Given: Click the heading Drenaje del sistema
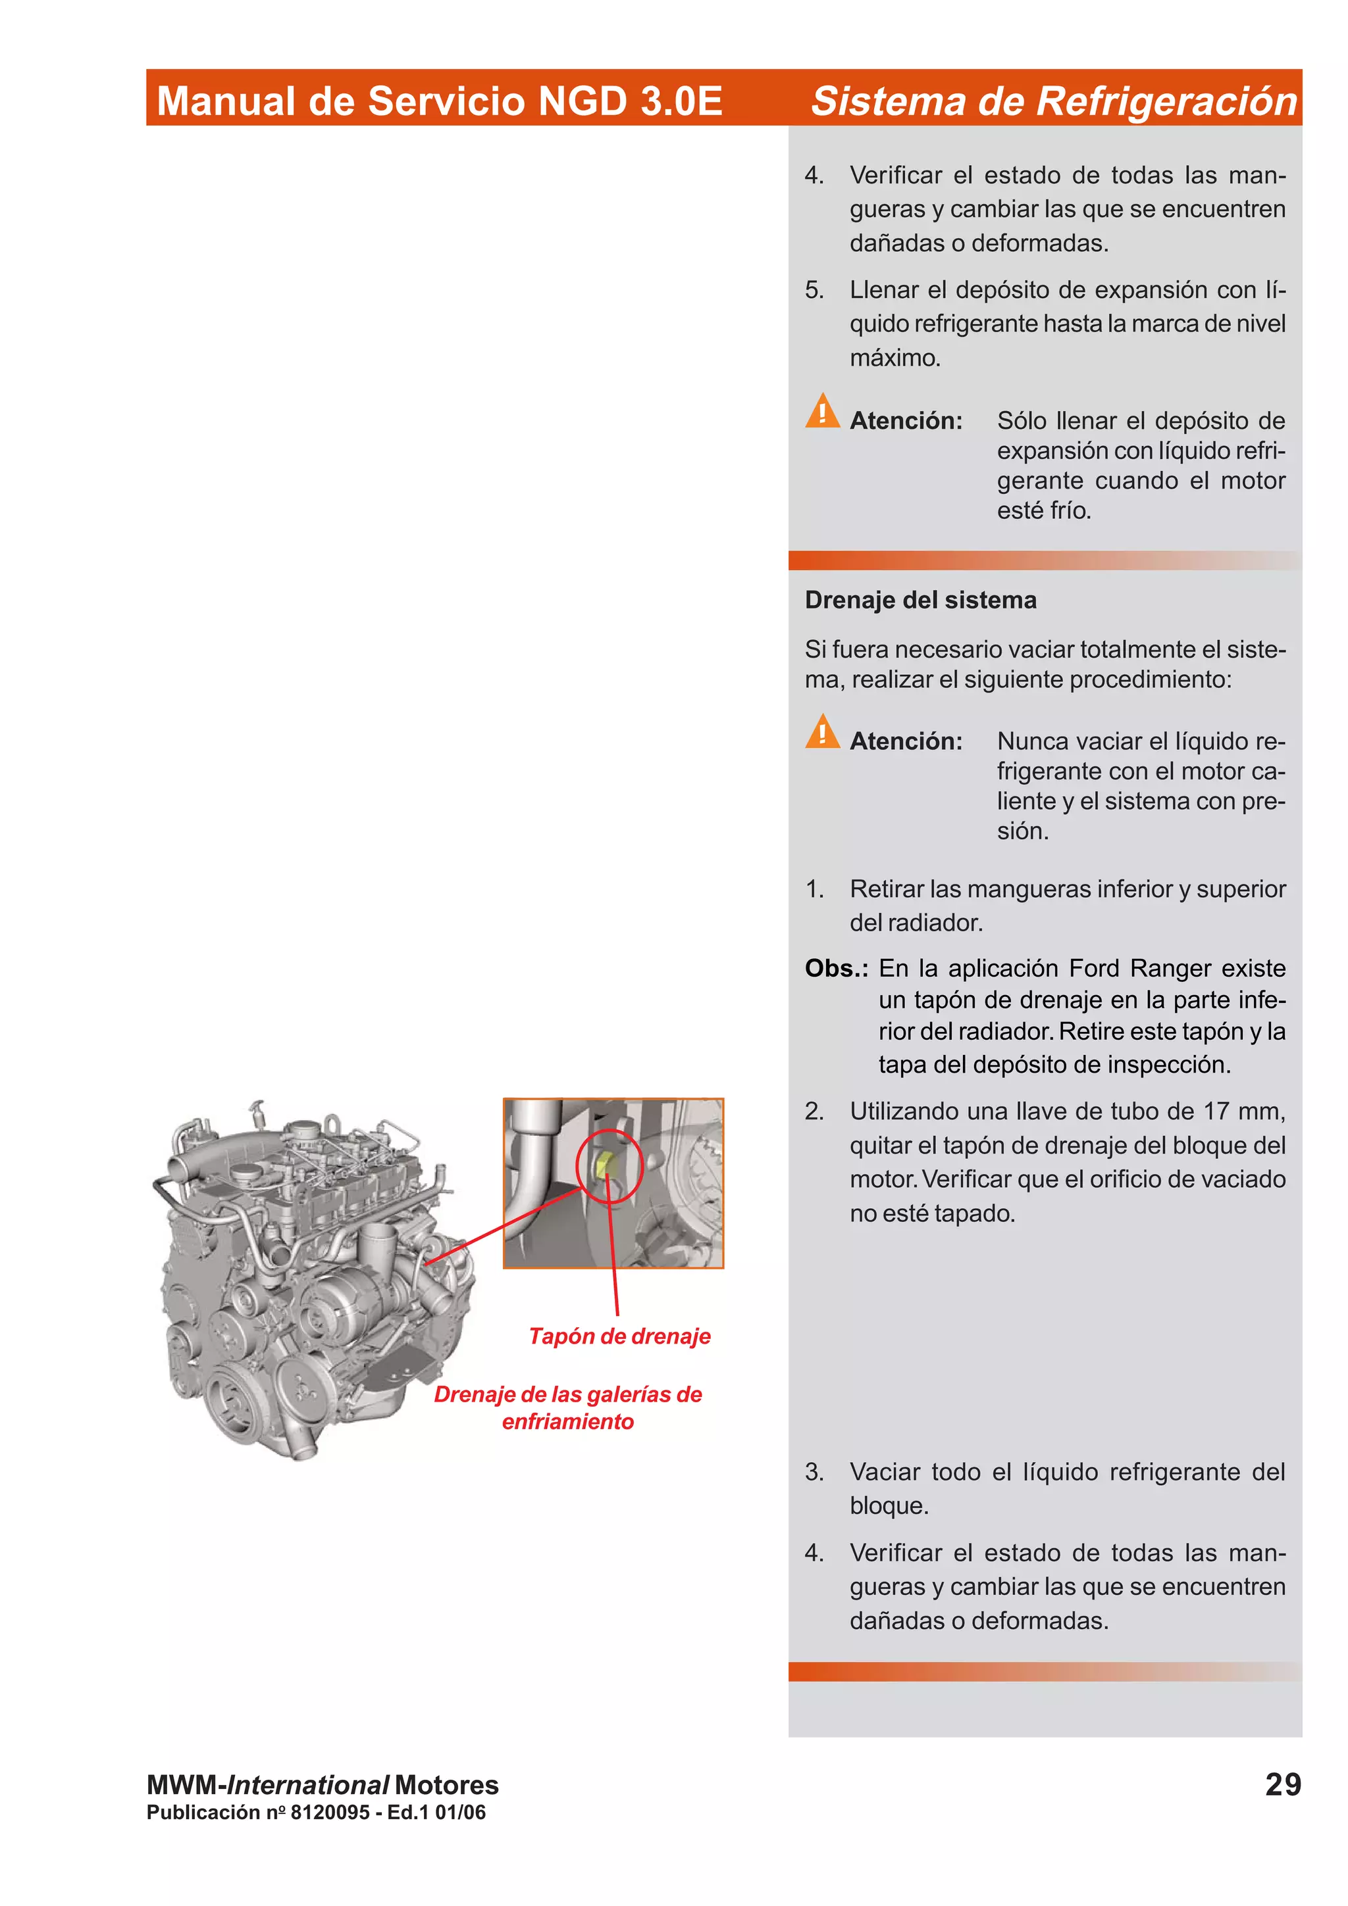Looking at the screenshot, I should tap(920, 600).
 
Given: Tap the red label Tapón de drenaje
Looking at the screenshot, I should tap(619, 1336).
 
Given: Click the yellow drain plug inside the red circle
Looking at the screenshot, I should tap(606, 1164).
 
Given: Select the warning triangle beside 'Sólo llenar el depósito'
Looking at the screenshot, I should tap(822, 412).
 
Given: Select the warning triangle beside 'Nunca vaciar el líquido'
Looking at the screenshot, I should tap(822, 732).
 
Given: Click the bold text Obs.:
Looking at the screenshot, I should tap(835, 968).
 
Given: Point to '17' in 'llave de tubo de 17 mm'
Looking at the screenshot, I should tap(1216, 1111).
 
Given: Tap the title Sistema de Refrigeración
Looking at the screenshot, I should tap(1053, 101).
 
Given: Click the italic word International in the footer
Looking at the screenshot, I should tap(308, 1785).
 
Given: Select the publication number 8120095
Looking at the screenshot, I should tap(330, 1812).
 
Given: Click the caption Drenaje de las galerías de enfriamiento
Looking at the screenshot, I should tap(568, 1408).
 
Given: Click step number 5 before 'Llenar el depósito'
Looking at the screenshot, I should tap(814, 290).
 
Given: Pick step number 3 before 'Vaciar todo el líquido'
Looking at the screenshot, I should tap(814, 1472).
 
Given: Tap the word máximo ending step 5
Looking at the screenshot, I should tap(894, 358).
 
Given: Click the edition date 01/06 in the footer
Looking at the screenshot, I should tap(460, 1812).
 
